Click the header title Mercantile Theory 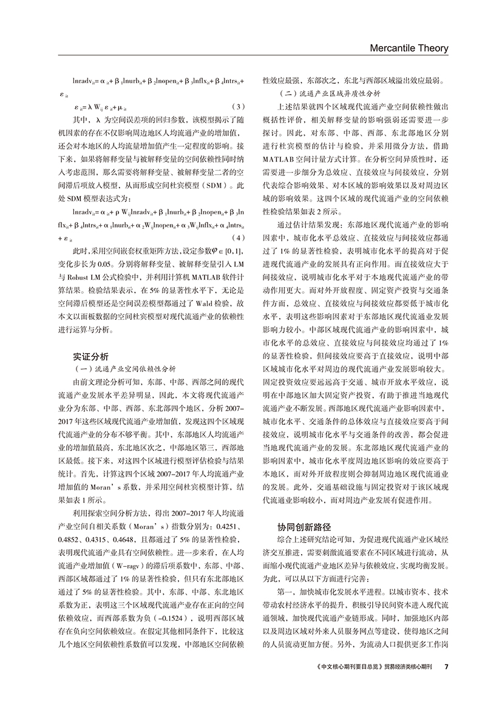coord(409,48)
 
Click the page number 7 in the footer coord(446,666)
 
